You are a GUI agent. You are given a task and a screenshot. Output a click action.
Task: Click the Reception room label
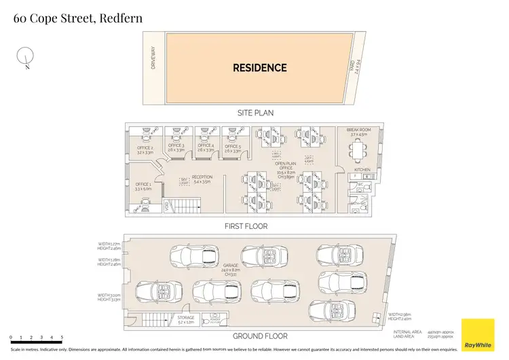point(202,179)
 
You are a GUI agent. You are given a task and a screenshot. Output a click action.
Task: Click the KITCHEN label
point(362,170)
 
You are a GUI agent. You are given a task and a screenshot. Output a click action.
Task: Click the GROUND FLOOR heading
point(260,336)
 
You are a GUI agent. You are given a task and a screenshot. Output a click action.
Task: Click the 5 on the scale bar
point(62,338)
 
